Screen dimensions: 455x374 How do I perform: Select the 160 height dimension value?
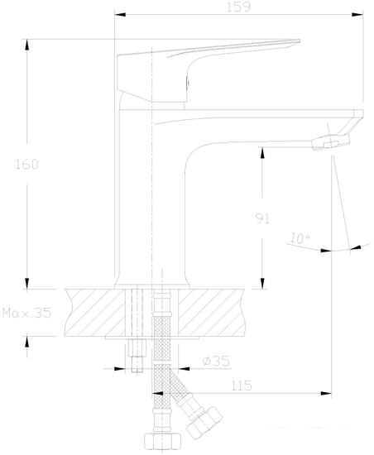point(27,164)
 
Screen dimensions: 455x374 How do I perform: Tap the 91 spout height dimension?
point(261,219)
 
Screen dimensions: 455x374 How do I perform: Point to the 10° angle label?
point(299,239)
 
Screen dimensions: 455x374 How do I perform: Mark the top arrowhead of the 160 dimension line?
point(27,42)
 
